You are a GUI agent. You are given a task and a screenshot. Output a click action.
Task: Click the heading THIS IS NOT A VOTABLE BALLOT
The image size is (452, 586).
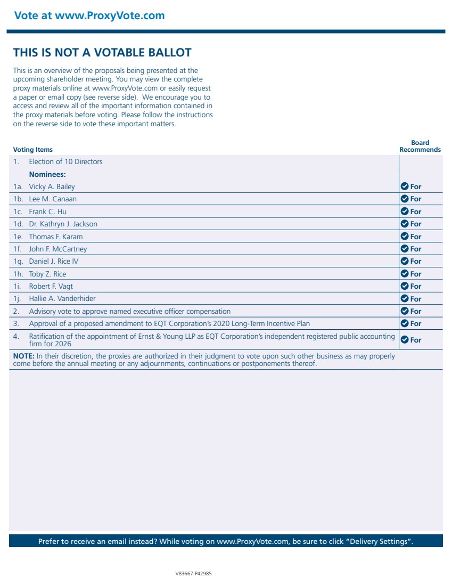click(102, 53)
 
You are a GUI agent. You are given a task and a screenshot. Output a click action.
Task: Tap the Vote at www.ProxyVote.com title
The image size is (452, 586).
click(89, 15)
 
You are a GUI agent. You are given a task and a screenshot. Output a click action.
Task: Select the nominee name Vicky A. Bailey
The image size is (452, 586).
click(52, 187)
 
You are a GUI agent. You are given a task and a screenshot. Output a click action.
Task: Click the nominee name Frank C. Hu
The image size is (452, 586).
click(47, 211)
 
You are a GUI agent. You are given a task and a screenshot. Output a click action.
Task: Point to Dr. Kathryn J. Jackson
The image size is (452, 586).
click(63, 224)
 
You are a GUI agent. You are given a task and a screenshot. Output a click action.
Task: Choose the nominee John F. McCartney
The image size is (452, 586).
click(57, 249)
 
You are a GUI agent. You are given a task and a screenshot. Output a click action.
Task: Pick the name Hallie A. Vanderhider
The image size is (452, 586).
click(62, 299)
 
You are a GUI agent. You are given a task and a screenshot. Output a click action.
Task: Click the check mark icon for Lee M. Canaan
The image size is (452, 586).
click(405, 199)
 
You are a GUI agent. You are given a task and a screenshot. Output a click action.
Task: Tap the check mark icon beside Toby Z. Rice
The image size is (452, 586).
click(405, 274)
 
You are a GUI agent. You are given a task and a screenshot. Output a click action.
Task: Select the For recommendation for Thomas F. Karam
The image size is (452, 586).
click(415, 237)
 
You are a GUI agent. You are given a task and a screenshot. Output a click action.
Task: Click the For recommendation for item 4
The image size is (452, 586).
click(415, 340)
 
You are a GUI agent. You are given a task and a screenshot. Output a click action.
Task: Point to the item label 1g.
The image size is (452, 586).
click(19, 262)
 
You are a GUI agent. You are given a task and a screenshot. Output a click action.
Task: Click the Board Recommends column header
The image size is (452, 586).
click(420, 146)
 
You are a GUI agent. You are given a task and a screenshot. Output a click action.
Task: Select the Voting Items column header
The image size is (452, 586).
click(33, 150)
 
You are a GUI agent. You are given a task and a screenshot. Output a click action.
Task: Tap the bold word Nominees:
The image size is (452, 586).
click(47, 174)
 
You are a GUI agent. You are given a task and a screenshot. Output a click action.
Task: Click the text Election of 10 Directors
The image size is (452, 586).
click(65, 162)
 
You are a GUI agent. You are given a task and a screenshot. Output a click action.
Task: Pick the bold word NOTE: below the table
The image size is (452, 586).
click(24, 356)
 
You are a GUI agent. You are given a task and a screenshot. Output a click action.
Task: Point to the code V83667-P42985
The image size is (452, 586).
click(194, 574)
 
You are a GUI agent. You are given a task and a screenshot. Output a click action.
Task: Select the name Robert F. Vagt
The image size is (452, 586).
click(51, 287)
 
